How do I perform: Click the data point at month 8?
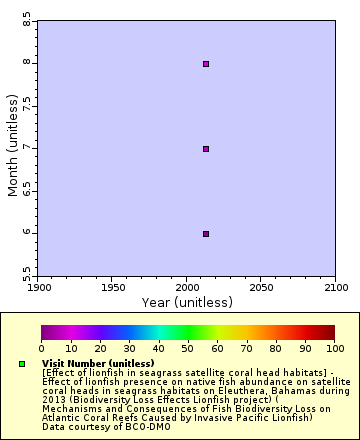tap(206, 64)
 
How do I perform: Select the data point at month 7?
tap(206, 149)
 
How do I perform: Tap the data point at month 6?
tap(206, 234)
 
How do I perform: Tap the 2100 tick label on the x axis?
tap(334, 287)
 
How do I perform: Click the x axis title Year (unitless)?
tap(187, 302)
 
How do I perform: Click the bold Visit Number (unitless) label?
tap(98, 363)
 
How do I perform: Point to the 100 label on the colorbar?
tap(335, 348)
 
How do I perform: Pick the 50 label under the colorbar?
tap(188, 348)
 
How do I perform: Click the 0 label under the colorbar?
tap(41, 348)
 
